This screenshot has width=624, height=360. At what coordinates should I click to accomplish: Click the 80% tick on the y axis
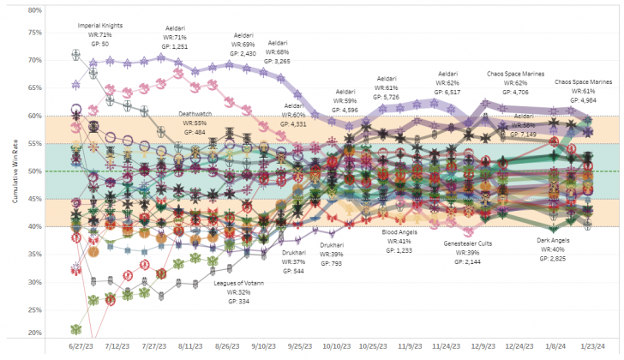[x=34, y=11]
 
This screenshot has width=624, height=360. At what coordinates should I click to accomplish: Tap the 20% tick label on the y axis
[x=34, y=333]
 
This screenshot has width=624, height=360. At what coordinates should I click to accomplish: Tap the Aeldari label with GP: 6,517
[x=447, y=82]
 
